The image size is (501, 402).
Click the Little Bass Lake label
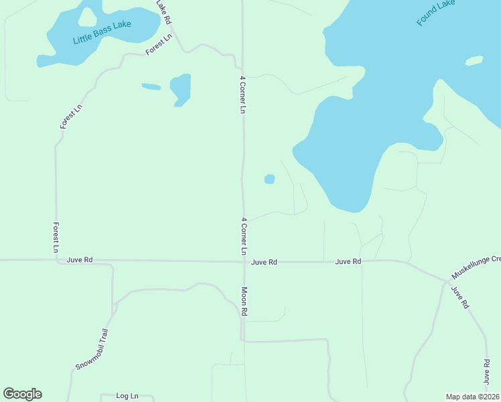pyautogui.click(x=102, y=32)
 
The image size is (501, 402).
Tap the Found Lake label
pyautogui.click(x=435, y=13)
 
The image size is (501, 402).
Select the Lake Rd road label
pyautogui.click(x=164, y=12)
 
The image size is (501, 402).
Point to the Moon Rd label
pyautogui.click(x=244, y=301)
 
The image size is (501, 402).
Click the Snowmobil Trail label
pyautogui.click(x=91, y=349)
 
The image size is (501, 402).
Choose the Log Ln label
pyautogui.click(x=127, y=396)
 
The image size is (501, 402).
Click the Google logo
pyautogui.click(x=22, y=394)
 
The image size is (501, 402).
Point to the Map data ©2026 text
pyautogui.click(x=473, y=396)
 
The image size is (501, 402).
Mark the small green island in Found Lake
pyautogui.click(x=474, y=61)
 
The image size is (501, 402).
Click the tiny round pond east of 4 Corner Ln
pyautogui.click(x=269, y=179)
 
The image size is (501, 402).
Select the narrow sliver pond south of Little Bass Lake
pyautogui.click(x=151, y=86)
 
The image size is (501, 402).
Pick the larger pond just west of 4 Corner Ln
pyautogui.click(x=181, y=89)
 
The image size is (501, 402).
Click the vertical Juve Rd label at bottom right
pyautogui.click(x=487, y=371)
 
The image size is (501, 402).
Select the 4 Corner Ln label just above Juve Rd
pyautogui.click(x=244, y=235)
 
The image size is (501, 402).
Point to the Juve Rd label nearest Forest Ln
pyautogui.click(x=80, y=260)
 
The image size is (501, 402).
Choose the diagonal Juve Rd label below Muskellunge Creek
pyautogui.click(x=459, y=297)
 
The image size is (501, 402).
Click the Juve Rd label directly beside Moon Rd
pyautogui.click(x=264, y=262)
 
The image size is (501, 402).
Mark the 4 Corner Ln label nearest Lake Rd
pyautogui.click(x=243, y=94)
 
